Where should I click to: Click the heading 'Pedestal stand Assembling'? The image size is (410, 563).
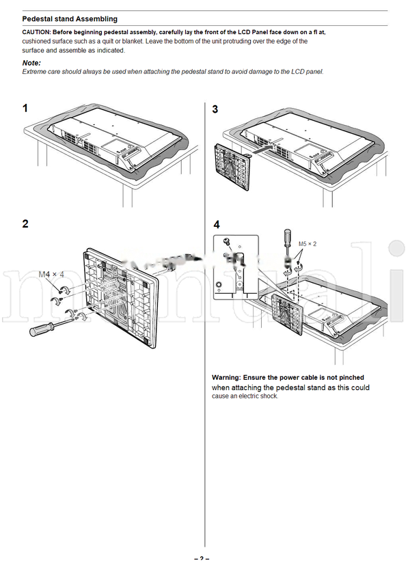tap(70, 19)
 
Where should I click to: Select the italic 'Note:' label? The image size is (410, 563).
tap(31, 63)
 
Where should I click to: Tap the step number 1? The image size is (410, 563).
tap(25, 109)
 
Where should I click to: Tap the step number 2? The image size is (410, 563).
tap(25, 223)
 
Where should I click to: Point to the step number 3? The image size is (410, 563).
tap(215, 109)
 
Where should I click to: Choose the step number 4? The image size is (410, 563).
tap(217, 224)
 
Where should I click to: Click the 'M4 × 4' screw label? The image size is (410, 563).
tap(51, 275)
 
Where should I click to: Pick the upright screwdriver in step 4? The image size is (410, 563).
tap(287, 243)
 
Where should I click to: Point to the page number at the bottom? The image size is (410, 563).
tap(202, 559)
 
